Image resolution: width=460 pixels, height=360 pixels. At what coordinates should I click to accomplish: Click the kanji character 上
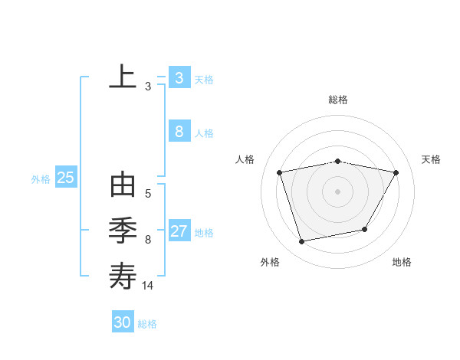pos(123,77)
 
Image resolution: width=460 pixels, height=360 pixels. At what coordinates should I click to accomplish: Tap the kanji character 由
pos(123,186)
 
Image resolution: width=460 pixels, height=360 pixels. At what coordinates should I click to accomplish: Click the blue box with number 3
pos(179,77)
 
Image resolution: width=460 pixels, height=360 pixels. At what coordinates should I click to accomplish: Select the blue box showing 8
pos(179,132)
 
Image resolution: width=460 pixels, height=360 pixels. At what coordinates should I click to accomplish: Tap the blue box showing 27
pos(179,231)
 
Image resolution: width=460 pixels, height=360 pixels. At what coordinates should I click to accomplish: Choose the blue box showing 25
pos(66,178)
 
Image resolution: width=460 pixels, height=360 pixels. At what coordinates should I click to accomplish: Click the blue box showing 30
pos(122,322)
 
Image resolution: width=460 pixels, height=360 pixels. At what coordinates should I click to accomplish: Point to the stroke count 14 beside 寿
pos(148,285)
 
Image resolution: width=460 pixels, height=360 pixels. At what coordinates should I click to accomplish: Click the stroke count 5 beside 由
pos(148,194)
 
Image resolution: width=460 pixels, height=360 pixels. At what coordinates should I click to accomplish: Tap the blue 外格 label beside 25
pos(41,179)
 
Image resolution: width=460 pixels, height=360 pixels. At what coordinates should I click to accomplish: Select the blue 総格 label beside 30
pos(147,324)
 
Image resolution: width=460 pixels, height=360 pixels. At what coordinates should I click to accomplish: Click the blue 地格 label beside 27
pos(205,233)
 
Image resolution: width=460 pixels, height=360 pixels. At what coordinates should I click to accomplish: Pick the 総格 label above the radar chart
pos(337,100)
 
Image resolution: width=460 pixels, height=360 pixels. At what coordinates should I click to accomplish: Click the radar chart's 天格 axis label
pos(431,159)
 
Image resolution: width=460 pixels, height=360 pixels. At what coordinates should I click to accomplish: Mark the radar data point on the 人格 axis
pos(280,172)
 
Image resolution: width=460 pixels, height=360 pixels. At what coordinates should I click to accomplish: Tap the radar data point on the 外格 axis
pos(302,241)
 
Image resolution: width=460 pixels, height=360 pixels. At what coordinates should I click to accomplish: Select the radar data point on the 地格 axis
pos(365,229)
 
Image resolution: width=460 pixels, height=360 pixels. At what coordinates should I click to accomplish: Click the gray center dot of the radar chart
pos(337,191)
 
